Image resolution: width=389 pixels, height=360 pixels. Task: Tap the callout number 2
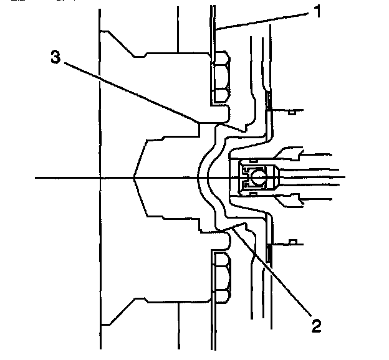point(317,324)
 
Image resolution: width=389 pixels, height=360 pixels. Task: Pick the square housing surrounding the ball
point(256,177)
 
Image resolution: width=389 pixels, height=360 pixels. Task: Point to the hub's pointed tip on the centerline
point(135,178)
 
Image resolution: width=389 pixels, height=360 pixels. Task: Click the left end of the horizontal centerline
point(37,178)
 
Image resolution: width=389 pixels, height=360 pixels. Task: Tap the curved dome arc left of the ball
point(201,178)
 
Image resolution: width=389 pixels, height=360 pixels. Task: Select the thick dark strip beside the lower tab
point(269,252)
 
